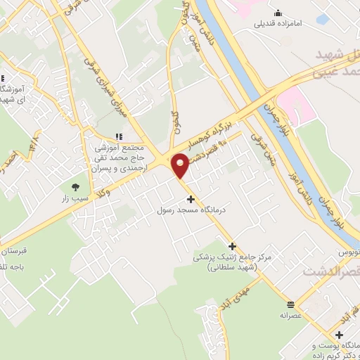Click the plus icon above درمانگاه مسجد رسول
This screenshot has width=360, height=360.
pos(191,199)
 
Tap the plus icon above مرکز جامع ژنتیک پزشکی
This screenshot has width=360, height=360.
pos(204,245)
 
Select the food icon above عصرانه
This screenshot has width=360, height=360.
pos(291,304)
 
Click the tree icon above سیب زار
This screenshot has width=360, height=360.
pos(75,187)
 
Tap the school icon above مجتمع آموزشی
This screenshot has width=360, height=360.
pos(118,136)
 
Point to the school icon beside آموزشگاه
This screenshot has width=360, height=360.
pos(4,79)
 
